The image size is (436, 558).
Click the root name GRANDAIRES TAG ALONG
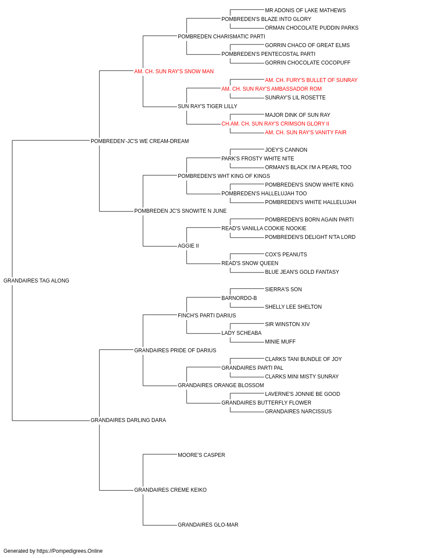(x=36, y=280)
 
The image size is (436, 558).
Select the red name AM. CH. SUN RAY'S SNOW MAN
(x=174, y=71)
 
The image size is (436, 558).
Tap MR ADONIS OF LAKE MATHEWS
(x=305, y=10)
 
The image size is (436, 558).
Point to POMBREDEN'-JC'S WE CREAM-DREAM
(x=140, y=141)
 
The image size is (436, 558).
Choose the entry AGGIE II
(x=188, y=246)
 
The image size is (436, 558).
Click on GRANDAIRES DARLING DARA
(x=128, y=420)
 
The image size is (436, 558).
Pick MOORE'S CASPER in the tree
(x=201, y=455)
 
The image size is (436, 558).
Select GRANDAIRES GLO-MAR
(x=208, y=524)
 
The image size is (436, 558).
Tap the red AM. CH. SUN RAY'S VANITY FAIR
(x=306, y=132)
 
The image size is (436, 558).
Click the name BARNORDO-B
(x=239, y=298)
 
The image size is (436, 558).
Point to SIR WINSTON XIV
(x=287, y=324)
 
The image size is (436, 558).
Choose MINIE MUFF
(x=280, y=341)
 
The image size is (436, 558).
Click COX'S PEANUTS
(x=286, y=255)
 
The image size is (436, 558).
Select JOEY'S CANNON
(x=286, y=150)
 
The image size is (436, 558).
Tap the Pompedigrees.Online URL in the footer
(x=70, y=551)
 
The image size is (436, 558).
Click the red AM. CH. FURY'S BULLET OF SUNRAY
(x=311, y=80)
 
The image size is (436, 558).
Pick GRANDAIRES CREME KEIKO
(x=170, y=490)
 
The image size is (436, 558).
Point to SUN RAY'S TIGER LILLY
(x=208, y=106)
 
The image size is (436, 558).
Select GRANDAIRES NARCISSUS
(x=298, y=412)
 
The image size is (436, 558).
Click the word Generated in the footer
(x=16, y=551)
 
